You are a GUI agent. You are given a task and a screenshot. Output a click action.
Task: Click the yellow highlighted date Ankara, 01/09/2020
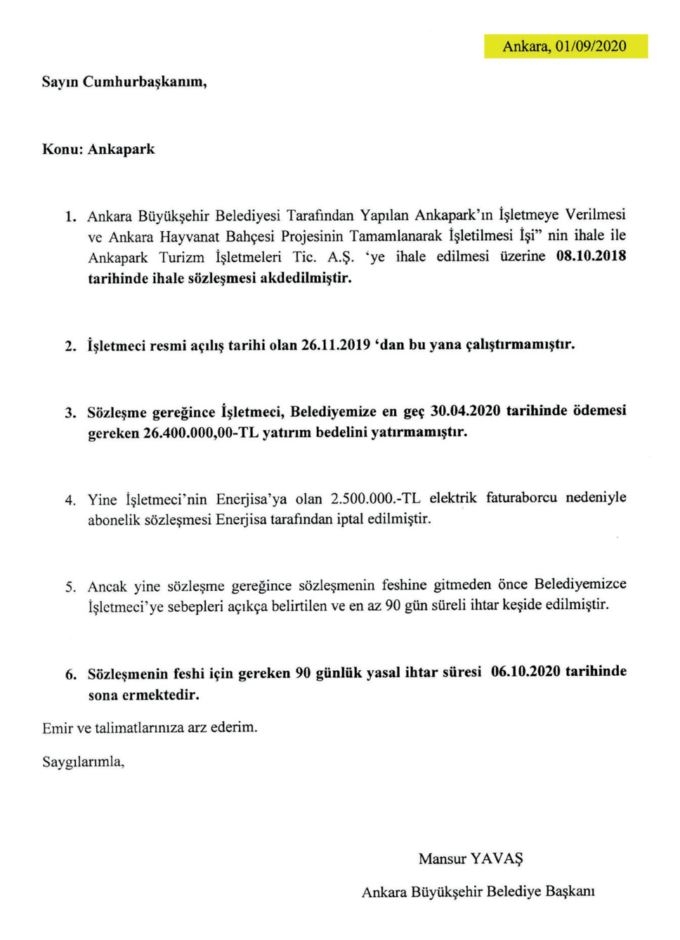click(x=565, y=46)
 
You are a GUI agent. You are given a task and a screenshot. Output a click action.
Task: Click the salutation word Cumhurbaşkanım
click(x=145, y=82)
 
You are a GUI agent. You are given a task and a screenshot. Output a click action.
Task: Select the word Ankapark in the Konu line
click(x=121, y=150)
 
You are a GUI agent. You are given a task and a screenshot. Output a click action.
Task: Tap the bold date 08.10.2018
click(x=591, y=256)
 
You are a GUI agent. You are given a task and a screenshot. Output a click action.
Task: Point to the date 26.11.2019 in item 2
click(x=336, y=345)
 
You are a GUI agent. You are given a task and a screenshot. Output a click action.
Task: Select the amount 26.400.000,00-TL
click(x=201, y=433)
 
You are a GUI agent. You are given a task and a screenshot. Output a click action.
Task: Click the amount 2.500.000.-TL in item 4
click(x=375, y=499)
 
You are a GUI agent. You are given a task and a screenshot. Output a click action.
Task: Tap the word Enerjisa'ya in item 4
click(x=251, y=500)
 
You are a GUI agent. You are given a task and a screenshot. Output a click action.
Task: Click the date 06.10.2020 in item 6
click(x=525, y=672)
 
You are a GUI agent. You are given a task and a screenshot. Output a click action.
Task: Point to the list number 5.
click(x=70, y=587)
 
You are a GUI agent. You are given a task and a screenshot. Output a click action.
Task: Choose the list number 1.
click(x=70, y=216)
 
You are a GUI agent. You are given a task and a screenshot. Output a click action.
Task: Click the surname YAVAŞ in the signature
click(x=497, y=859)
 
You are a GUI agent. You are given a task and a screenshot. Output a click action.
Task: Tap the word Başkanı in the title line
click(x=570, y=892)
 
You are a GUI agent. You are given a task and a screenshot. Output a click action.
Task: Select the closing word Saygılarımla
click(x=83, y=762)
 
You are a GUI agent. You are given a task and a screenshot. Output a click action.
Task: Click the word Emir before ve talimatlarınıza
click(x=57, y=728)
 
